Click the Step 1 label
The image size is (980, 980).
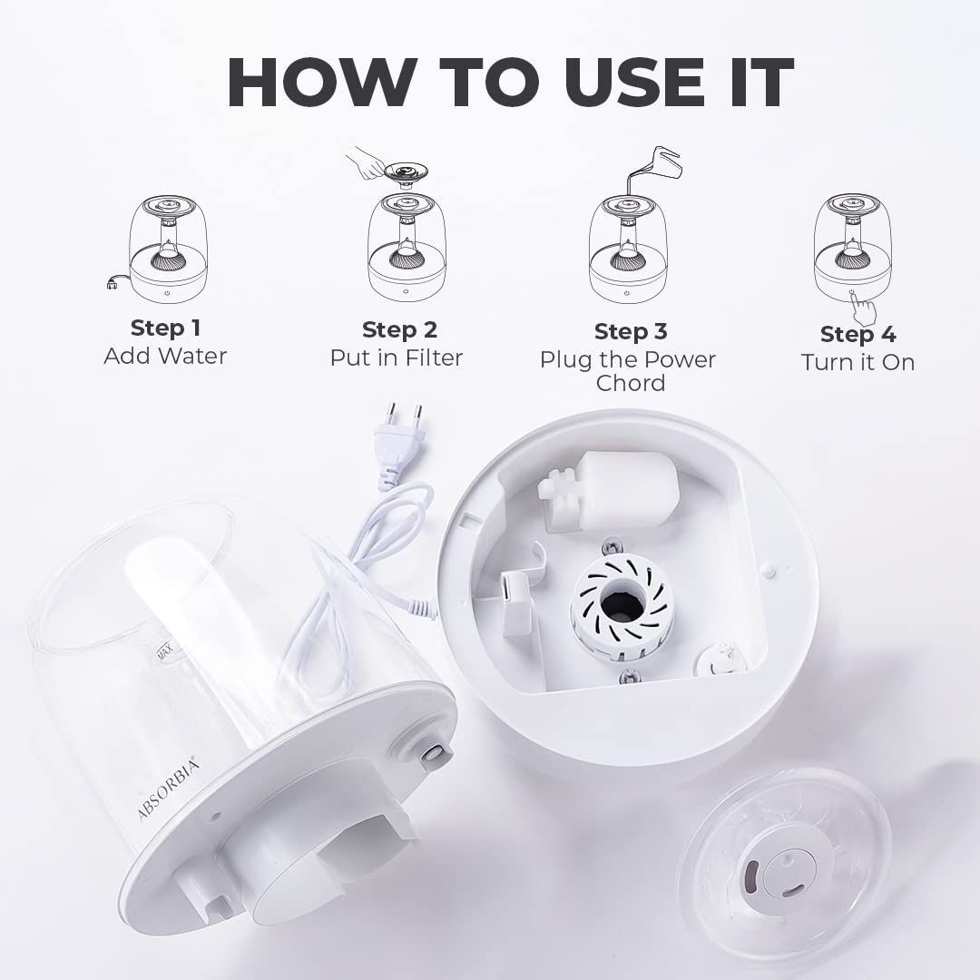(x=166, y=328)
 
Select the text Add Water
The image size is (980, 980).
(x=165, y=356)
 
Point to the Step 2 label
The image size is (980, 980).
(x=399, y=329)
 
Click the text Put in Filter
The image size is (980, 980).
(x=397, y=358)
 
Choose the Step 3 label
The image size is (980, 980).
(x=631, y=331)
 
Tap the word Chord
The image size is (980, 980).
(x=631, y=383)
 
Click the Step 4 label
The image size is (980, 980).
(x=858, y=334)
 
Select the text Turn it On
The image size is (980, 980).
(x=858, y=362)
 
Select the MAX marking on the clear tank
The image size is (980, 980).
(x=165, y=652)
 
